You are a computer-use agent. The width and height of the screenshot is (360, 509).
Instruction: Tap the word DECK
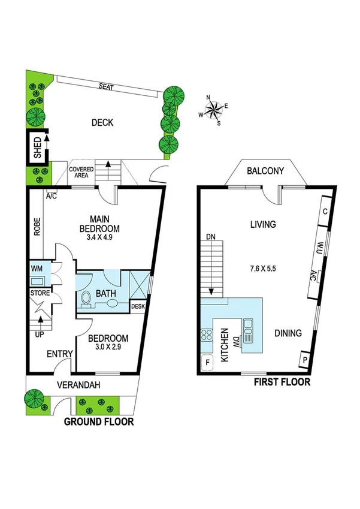pyautogui.click(x=102, y=123)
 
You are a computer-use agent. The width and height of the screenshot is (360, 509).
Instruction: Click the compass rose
pyautogui.click(x=213, y=109)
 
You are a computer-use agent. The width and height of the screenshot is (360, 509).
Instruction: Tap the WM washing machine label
pyautogui.click(x=36, y=268)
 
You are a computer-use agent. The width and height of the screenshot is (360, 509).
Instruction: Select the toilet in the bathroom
pyautogui.click(x=86, y=297)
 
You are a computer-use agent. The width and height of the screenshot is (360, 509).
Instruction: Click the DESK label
pyautogui.click(x=138, y=306)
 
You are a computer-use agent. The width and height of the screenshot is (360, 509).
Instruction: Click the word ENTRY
pyautogui.click(x=59, y=355)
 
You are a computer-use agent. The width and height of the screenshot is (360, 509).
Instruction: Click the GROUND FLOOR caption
pyautogui.click(x=99, y=422)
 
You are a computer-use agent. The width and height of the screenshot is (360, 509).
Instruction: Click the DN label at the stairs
pyautogui.click(x=210, y=237)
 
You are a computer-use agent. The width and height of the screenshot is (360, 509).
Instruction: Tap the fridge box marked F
pyautogui.click(x=208, y=362)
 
